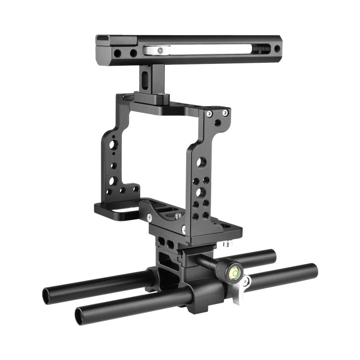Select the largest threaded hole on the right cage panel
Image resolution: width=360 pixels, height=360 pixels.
(201, 192)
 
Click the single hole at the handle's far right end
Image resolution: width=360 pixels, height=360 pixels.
(277, 49)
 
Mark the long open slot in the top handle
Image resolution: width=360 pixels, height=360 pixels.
(206, 49)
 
